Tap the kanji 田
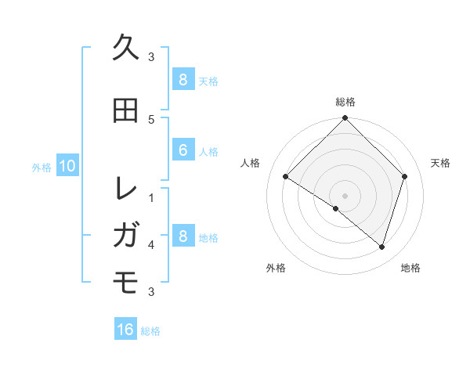(126, 110)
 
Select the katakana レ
(126, 189)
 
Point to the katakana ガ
(126, 234)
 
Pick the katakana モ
(126, 280)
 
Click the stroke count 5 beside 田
(151, 119)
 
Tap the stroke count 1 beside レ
(151, 197)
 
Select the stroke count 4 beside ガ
(151, 244)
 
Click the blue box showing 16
(125, 330)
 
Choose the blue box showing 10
(67, 166)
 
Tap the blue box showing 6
(183, 150)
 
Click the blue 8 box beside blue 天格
(183, 80)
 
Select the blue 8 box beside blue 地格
(183, 236)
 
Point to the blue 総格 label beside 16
(150, 331)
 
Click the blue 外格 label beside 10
(42, 167)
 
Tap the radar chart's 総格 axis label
(345, 103)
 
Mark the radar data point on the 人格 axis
(286, 177)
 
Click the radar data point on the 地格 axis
(381, 247)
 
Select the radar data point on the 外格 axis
(336, 208)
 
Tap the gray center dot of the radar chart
(345, 195)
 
